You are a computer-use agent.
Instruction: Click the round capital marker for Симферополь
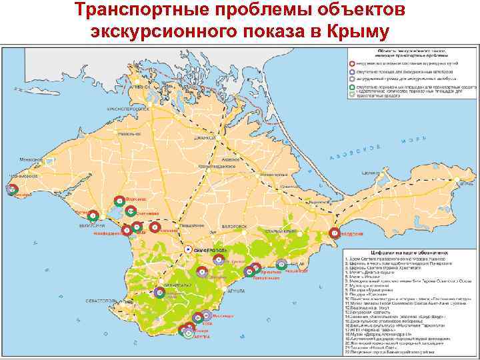pyautogui.click(x=187, y=248)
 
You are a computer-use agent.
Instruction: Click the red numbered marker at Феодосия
pyautogui.click(x=334, y=233)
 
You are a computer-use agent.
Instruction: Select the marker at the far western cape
pyautogui.click(x=12, y=189)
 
